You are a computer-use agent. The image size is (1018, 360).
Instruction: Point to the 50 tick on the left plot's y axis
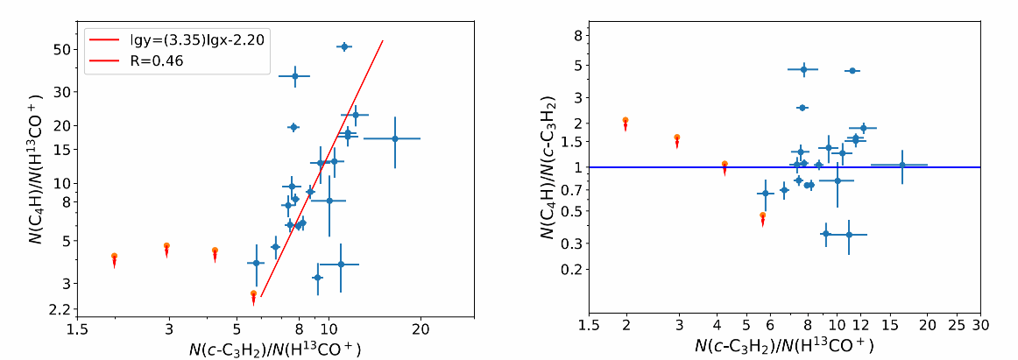pyautogui.click(x=62, y=48)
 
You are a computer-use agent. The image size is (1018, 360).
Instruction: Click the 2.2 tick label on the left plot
pyautogui.click(x=60, y=309)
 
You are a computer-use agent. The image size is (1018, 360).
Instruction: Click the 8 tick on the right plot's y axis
pyautogui.click(x=576, y=36)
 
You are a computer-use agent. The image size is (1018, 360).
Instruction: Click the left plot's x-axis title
pyautogui.click(x=275, y=349)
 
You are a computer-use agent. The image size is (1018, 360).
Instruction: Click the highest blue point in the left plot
pyautogui.click(x=344, y=46)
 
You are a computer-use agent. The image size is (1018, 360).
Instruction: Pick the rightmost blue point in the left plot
pyautogui.click(x=394, y=138)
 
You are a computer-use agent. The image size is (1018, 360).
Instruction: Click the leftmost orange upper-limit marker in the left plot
pyautogui.click(x=114, y=256)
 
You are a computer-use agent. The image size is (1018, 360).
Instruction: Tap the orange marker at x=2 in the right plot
pyautogui.click(x=626, y=120)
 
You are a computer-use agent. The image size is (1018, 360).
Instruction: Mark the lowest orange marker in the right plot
pyautogui.click(x=762, y=215)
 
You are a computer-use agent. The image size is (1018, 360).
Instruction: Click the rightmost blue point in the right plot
pyautogui.click(x=901, y=165)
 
